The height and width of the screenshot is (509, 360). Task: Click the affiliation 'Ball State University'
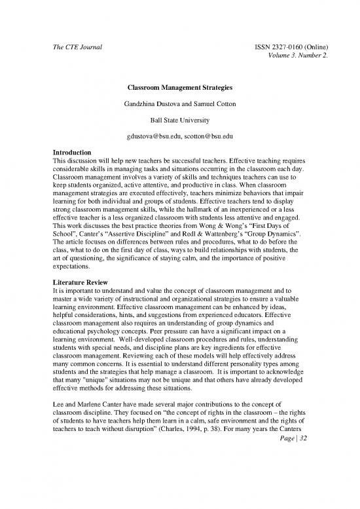[x=179, y=120]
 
